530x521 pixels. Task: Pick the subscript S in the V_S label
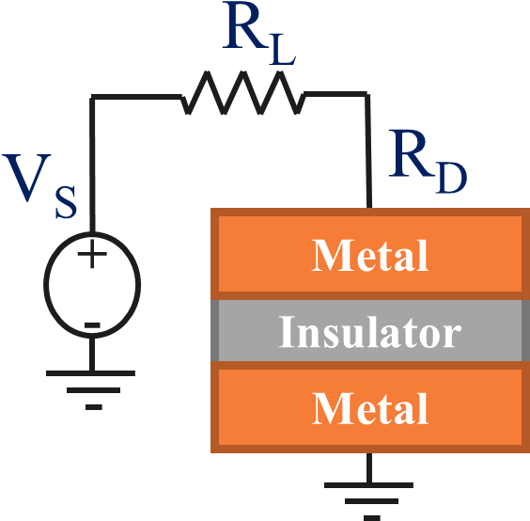pos(65,201)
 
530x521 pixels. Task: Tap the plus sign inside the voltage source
pos(92,254)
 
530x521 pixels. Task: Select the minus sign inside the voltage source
pos(92,325)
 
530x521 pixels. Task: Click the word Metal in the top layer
pos(370,256)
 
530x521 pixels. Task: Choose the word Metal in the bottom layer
pos(370,409)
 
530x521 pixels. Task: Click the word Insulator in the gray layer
pos(370,332)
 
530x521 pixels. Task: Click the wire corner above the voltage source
pos(92,97)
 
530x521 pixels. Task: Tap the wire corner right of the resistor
pos(367,95)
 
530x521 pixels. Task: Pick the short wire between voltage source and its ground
pos(92,354)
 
